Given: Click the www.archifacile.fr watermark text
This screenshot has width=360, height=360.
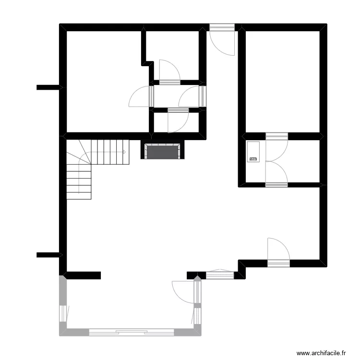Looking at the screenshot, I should (x=321, y=353).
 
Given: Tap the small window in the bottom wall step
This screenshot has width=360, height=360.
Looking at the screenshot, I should (x=220, y=275).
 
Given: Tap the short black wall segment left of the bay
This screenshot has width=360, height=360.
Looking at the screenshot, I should (x=83, y=276).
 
